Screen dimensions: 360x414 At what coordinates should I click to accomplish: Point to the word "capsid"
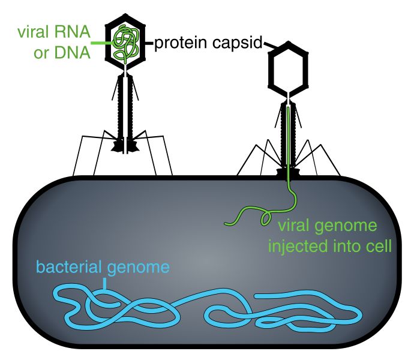(238, 43)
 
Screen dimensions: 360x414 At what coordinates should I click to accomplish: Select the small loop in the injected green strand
(264, 218)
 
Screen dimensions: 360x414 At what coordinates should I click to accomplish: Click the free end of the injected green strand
(227, 224)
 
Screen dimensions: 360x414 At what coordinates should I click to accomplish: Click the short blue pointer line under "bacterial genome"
(106, 282)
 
